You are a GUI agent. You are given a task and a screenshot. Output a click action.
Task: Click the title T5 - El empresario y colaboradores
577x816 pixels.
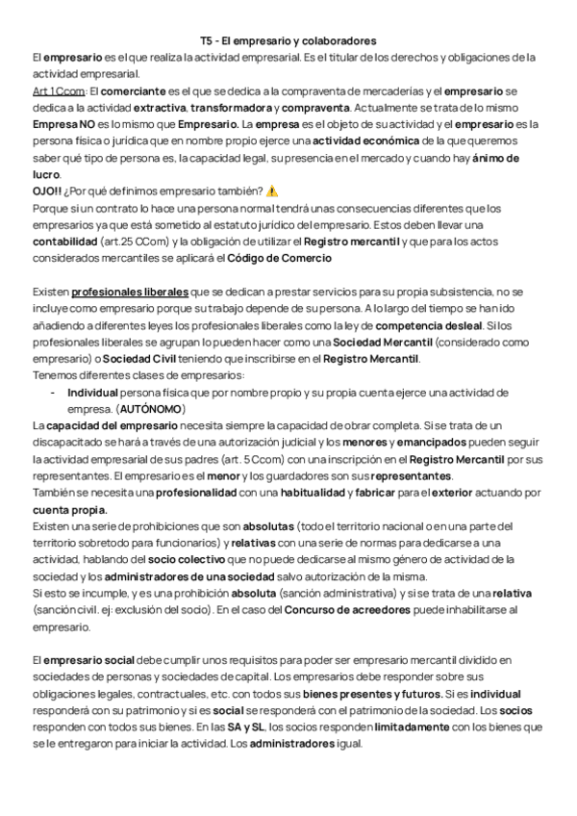[x=288, y=41]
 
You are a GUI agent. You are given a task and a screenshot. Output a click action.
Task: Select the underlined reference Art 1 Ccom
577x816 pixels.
[x=56, y=88]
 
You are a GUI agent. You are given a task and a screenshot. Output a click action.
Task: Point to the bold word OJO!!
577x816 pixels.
[x=48, y=191]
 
